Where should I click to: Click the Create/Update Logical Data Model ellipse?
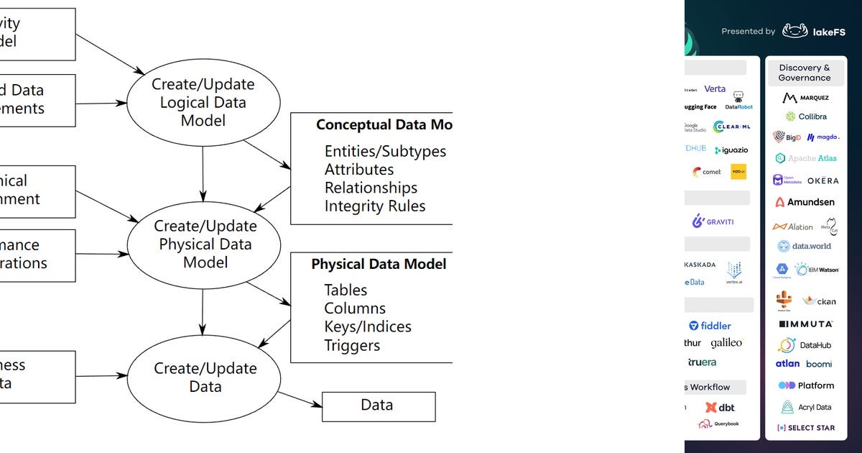pos(203,102)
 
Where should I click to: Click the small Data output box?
pos(378,406)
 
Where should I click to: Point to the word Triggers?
pos(352,345)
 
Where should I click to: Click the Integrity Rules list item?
pos(374,206)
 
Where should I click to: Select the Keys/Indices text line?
pos(367,326)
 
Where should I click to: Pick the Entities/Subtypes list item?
pos(385,152)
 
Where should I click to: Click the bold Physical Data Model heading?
pos(379,265)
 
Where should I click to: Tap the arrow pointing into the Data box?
pos(300,399)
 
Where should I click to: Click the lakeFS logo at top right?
pos(814,31)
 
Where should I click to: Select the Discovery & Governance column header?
pos(804,73)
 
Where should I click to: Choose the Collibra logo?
pos(805,116)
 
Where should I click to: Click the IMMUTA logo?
pos(805,324)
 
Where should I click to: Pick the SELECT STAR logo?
pos(805,428)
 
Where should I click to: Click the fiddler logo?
pos(710,326)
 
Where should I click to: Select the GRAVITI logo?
pos(713,221)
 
